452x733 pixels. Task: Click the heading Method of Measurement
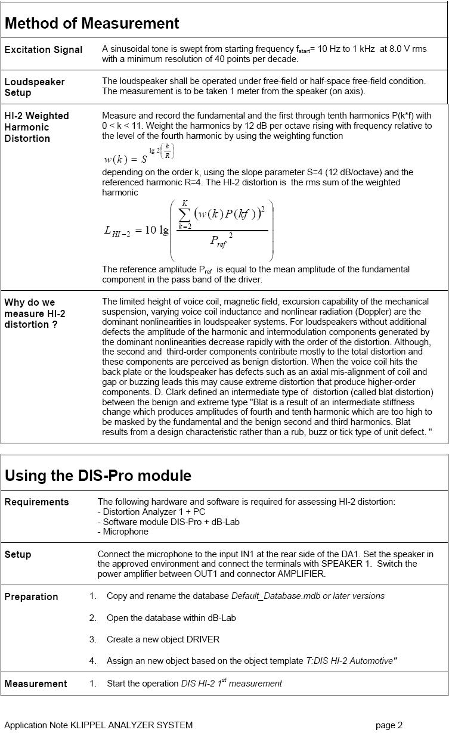(x=92, y=23)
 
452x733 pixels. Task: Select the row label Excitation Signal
(x=44, y=49)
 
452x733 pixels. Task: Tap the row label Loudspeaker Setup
(x=35, y=87)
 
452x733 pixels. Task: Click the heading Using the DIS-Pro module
(x=98, y=476)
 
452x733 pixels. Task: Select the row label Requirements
(x=36, y=502)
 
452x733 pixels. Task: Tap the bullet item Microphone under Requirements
(x=123, y=532)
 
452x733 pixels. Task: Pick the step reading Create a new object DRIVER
(x=163, y=639)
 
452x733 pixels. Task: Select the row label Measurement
(x=36, y=684)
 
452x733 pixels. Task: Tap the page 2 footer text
(x=389, y=725)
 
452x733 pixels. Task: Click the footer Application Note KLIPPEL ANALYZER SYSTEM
(x=98, y=725)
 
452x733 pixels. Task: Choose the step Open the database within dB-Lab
(x=171, y=618)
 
